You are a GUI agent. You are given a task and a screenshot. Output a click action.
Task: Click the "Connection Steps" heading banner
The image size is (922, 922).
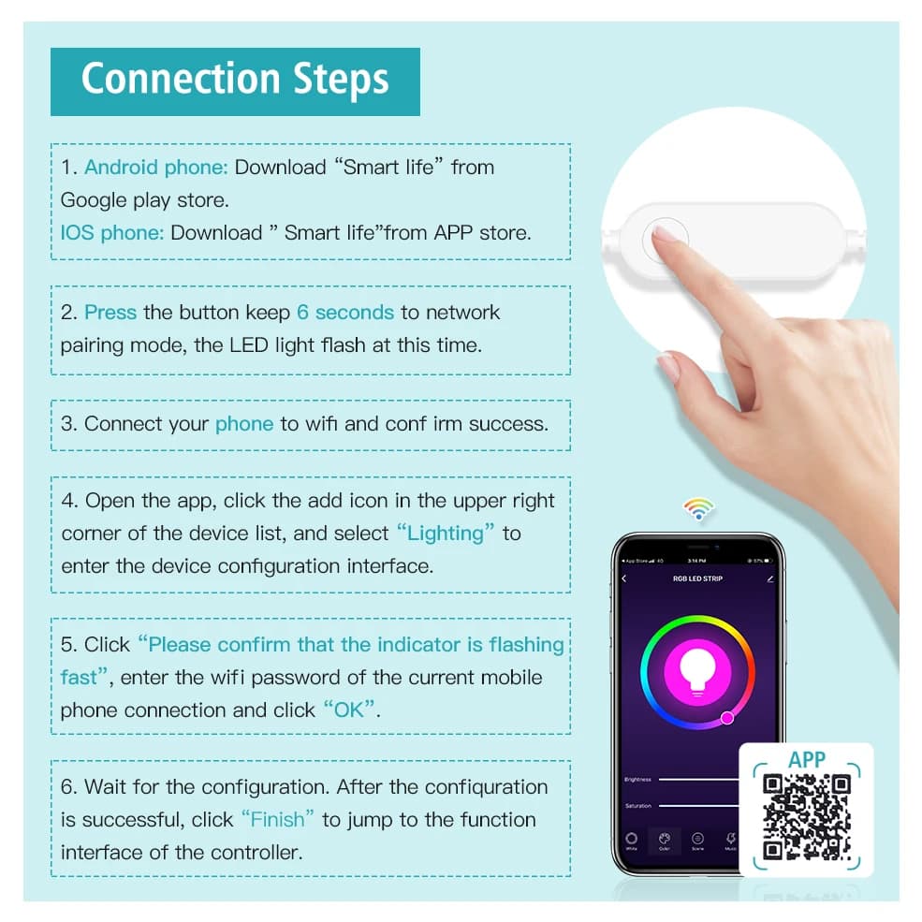click(x=235, y=80)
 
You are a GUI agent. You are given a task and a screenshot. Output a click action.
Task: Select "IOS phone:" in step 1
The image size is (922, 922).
click(x=112, y=232)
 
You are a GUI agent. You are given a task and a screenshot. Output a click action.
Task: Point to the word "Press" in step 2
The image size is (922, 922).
click(x=110, y=312)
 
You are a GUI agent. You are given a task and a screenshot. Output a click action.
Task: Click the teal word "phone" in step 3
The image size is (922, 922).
click(x=243, y=424)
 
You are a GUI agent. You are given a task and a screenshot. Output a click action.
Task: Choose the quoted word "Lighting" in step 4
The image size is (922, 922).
click(x=446, y=534)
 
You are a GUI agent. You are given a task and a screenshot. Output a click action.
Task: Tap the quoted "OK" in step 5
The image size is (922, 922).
click(x=350, y=710)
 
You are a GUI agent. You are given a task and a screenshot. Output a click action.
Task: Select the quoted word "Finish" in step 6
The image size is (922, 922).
click(x=277, y=819)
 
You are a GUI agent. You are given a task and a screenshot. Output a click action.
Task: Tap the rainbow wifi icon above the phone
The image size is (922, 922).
click(x=698, y=510)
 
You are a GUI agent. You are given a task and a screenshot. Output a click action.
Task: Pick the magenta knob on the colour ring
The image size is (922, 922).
click(x=726, y=718)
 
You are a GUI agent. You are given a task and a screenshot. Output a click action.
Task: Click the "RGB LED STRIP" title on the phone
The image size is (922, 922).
click(x=697, y=579)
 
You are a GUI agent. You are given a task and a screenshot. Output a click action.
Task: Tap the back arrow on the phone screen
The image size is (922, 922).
click(x=624, y=579)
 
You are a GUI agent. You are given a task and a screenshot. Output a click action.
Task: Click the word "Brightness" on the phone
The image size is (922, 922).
click(x=637, y=779)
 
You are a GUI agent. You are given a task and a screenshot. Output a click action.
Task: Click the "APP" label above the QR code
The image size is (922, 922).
click(x=806, y=759)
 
